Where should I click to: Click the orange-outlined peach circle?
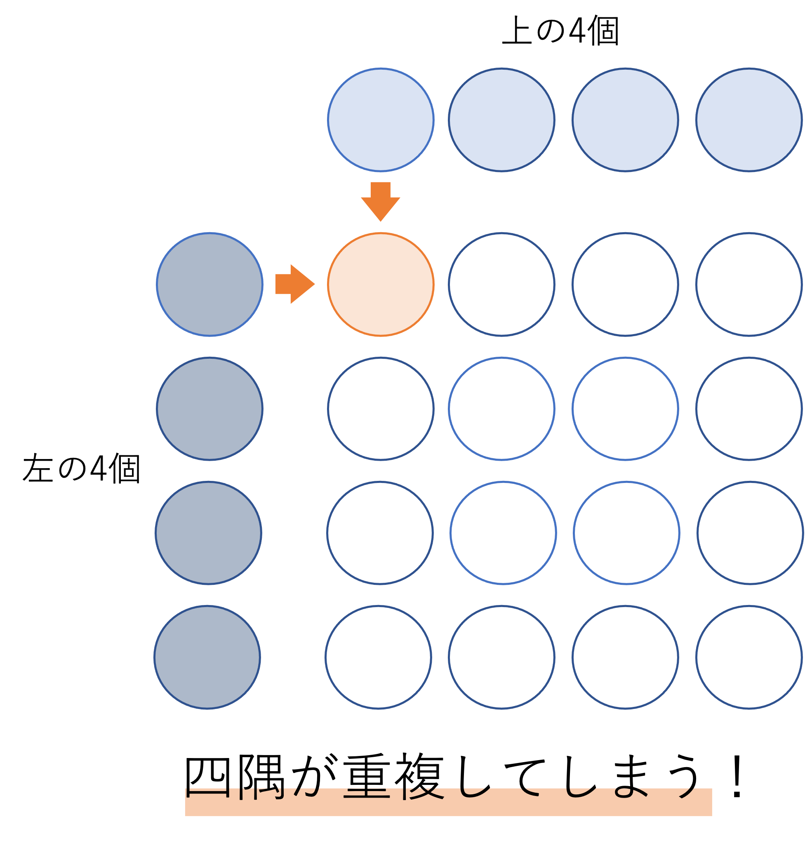(x=381, y=284)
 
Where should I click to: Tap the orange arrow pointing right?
(x=294, y=284)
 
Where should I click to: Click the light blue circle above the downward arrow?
(x=381, y=119)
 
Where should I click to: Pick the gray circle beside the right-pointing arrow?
(x=209, y=284)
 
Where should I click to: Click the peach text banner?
(x=448, y=803)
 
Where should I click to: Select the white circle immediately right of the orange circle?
(x=501, y=284)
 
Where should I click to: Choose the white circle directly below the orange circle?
(x=381, y=409)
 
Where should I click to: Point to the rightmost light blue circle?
(x=749, y=119)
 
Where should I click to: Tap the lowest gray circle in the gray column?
(x=207, y=657)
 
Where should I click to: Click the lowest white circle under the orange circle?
(x=378, y=657)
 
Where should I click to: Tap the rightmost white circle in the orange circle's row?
(x=749, y=284)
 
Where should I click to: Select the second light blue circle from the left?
(x=501, y=119)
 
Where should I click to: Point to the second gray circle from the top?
(x=209, y=409)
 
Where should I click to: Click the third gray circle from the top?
(x=208, y=533)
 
